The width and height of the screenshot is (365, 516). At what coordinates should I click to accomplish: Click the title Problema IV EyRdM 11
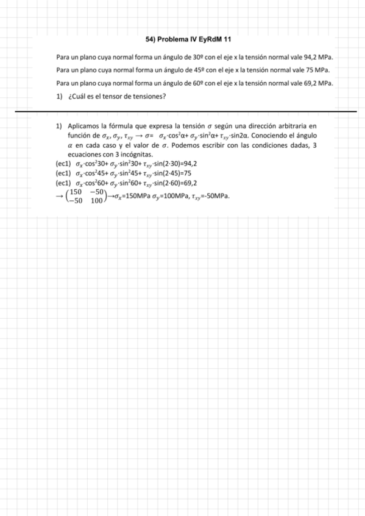tap(189, 40)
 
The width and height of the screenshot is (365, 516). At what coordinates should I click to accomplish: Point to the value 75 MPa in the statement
tap(317, 71)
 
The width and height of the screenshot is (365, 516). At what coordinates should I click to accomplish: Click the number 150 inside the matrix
tap(77, 192)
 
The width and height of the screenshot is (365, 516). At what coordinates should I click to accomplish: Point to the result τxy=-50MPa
tap(214, 197)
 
